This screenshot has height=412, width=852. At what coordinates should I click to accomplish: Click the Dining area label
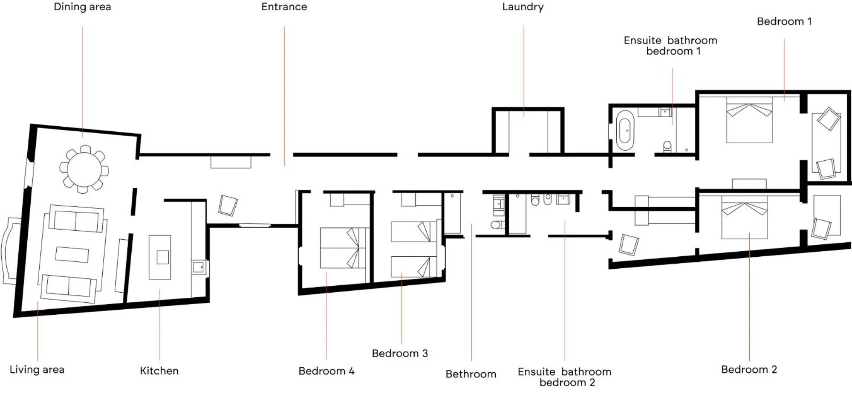click(82, 7)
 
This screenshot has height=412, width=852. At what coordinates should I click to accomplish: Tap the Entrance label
click(284, 7)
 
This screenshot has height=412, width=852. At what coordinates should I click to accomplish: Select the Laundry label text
click(523, 7)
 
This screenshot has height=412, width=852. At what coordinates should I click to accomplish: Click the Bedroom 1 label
click(784, 21)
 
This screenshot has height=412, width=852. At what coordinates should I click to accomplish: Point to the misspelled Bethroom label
click(471, 374)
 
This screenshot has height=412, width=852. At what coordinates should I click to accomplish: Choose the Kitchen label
click(159, 371)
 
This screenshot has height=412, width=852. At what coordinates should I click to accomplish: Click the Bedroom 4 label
click(326, 371)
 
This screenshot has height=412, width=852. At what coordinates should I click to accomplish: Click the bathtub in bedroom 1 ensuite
click(625, 131)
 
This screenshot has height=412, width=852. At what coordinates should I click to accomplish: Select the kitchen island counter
click(160, 257)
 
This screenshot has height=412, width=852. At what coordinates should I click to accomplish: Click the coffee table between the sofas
click(72, 255)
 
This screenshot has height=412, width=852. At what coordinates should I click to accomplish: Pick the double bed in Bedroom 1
click(749, 122)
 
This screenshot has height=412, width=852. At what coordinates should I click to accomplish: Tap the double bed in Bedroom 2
click(744, 218)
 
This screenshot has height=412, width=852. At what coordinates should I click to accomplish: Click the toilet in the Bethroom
click(496, 224)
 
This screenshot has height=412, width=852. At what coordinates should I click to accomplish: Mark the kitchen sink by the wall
click(198, 267)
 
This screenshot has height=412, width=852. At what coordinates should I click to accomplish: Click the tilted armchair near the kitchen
click(228, 206)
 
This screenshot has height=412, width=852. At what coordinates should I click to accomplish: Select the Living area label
click(37, 369)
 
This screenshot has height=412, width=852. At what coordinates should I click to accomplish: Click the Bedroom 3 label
click(399, 353)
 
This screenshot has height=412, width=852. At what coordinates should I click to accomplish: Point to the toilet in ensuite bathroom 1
click(667, 146)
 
